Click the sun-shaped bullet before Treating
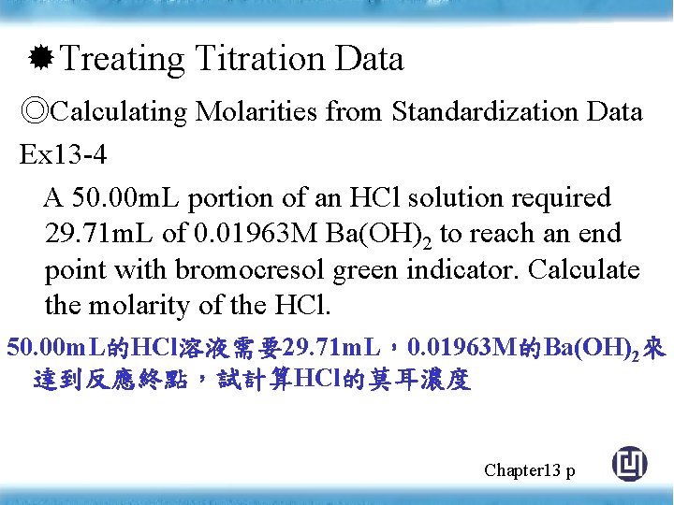point(41,59)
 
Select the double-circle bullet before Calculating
point(35,112)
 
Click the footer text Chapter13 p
point(529,469)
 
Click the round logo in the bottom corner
point(629,465)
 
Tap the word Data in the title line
point(369,59)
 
